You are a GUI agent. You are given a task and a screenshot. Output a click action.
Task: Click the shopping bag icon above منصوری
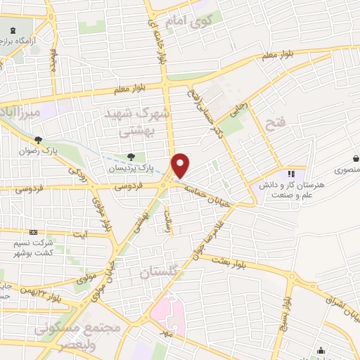click(x=357, y=158)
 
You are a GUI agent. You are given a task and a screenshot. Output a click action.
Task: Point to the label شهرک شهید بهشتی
click(x=147, y=122)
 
